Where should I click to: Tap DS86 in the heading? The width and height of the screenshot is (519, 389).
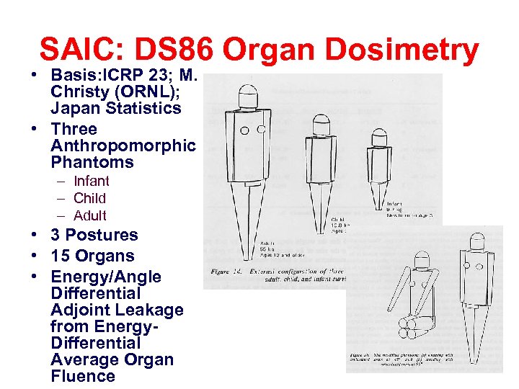click(170, 50)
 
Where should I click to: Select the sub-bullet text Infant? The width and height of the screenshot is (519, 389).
click(92, 181)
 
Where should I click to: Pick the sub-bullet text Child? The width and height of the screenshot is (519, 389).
click(89, 198)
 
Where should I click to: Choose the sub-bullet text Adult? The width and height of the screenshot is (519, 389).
click(89, 215)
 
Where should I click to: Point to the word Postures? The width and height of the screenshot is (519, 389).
click(102, 235)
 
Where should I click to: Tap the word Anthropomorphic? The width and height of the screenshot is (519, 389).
click(123, 146)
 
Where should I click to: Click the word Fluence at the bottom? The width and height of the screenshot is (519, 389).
click(83, 376)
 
